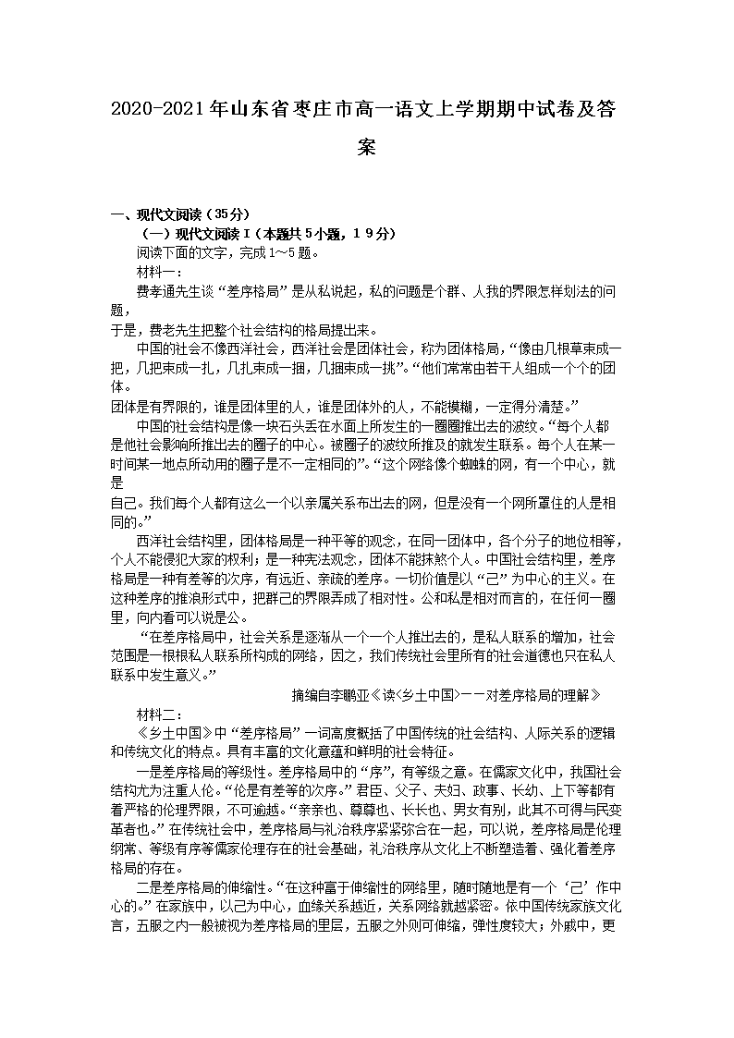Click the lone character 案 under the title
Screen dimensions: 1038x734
367,147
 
